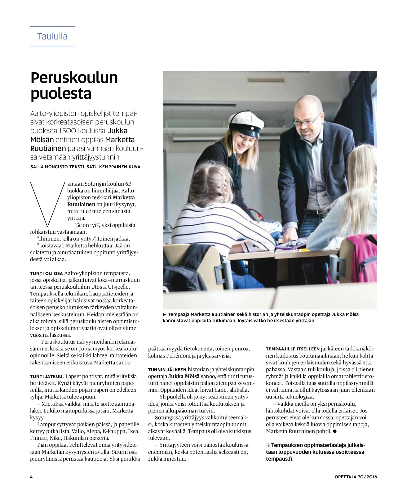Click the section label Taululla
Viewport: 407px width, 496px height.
click(x=52, y=36)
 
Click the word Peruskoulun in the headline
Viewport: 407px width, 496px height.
click(x=74, y=78)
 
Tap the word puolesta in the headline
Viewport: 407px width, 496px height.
click(x=61, y=93)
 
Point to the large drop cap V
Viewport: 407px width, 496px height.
click(x=48, y=204)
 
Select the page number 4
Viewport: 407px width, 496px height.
click(x=31, y=477)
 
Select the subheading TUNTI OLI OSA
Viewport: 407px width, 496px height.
click(x=46, y=273)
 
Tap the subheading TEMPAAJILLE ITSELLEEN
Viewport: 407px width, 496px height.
click(x=288, y=349)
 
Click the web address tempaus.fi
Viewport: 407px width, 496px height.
click(x=279, y=459)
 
